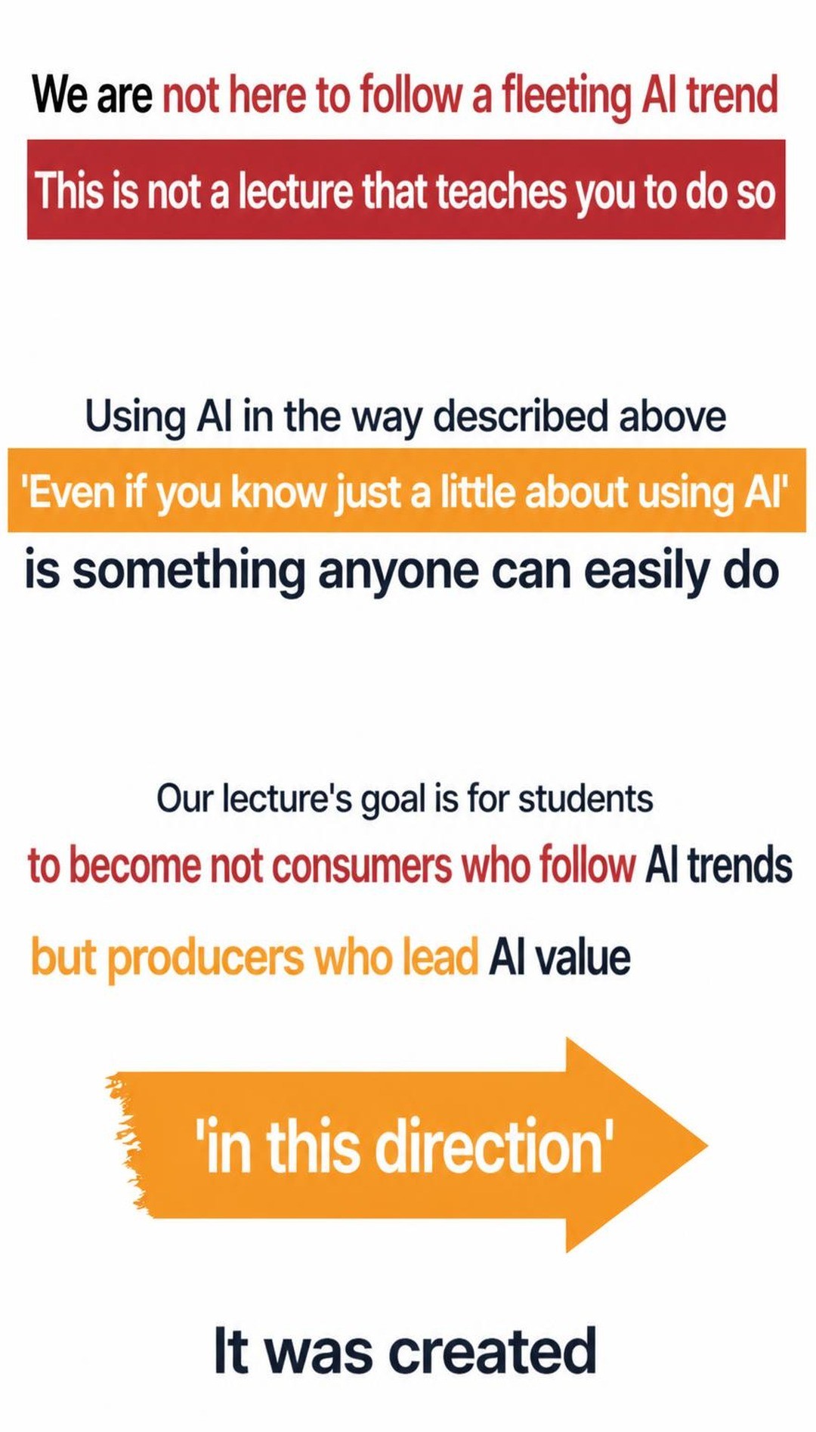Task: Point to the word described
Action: tap(521, 416)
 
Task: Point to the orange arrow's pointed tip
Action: tap(706, 1146)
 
